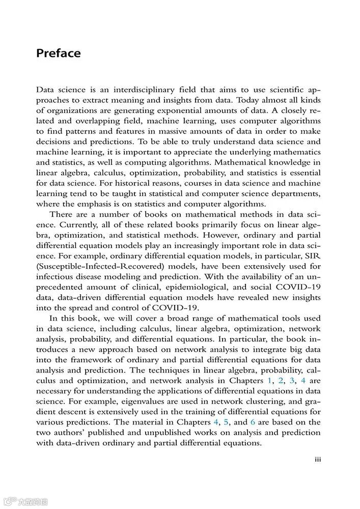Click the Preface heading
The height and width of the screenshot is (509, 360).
(58, 53)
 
